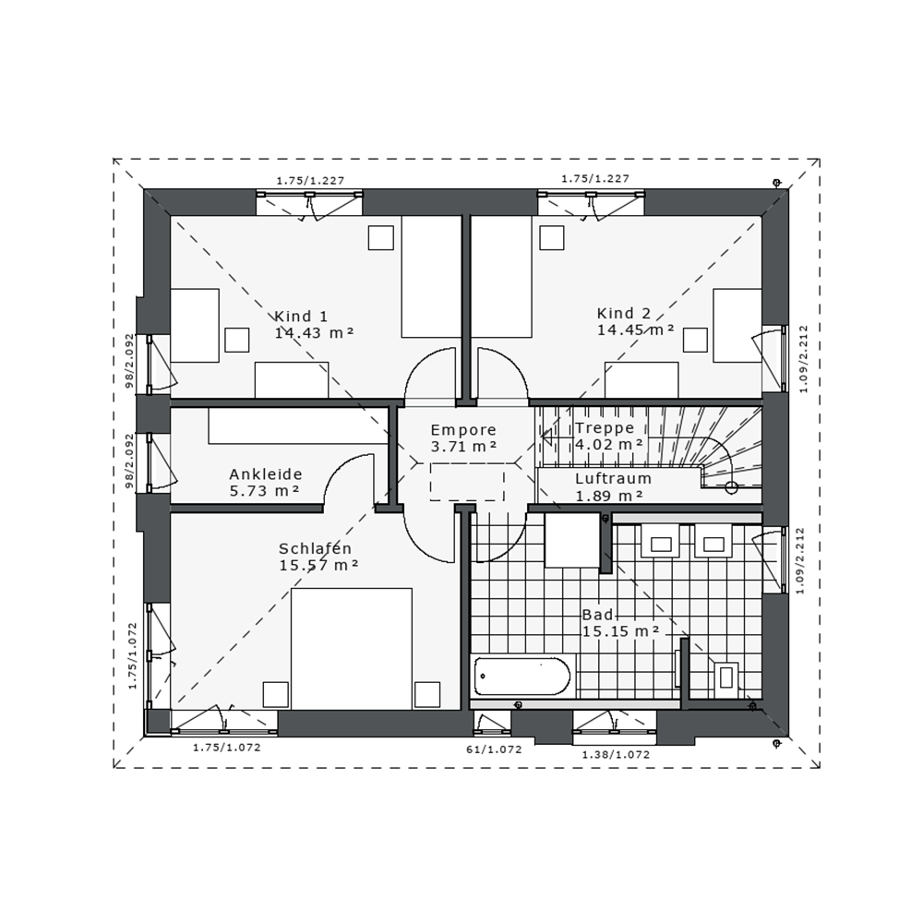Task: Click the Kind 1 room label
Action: click(x=301, y=316)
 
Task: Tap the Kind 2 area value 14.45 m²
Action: click(x=636, y=330)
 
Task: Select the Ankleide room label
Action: click(x=266, y=473)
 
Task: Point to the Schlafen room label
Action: click(x=315, y=548)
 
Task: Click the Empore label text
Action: click(x=463, y=430)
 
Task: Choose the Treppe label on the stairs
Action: click(x=605, y=428)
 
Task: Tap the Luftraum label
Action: click(x=613, y=478)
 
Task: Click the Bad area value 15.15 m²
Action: click(x=620, y=631)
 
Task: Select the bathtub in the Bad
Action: click(x=522, y=677)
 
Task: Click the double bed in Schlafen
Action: click(x=352, y=649)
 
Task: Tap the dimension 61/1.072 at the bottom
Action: click(x=493, y=749)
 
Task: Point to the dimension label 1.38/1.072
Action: click(x=616, y=755)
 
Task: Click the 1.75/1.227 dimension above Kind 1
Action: click(x=310, y=181)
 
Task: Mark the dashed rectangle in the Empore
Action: click(x=467, y=482)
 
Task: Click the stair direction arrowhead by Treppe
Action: click(x=546, y=437)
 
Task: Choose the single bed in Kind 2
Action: click(x=501, y=276)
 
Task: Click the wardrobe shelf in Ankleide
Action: click(x=296, y=426)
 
